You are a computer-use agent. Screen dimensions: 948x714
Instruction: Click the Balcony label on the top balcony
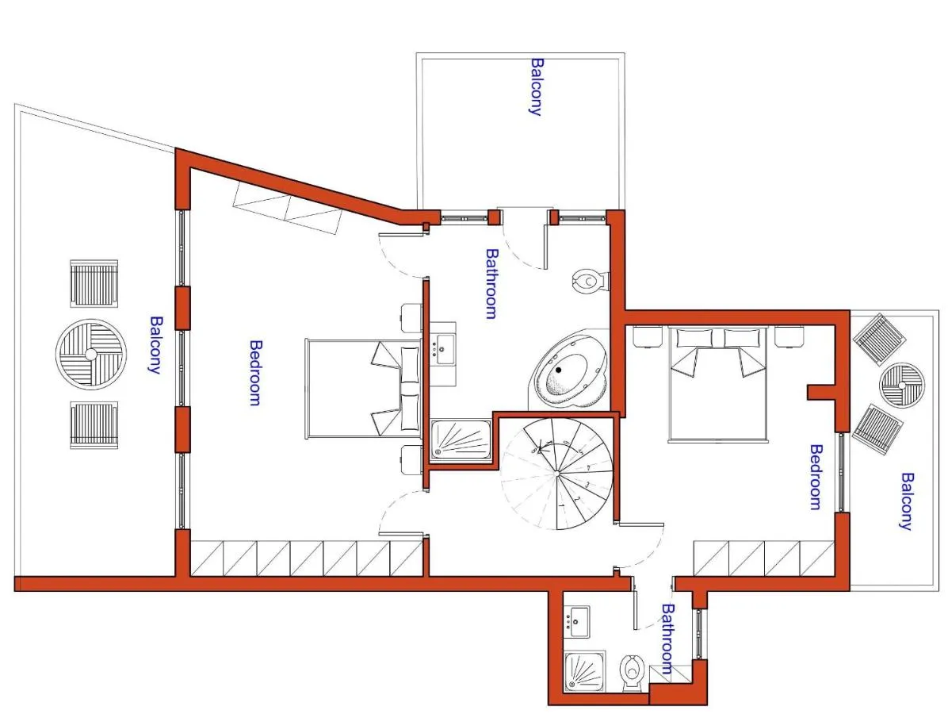[537, 86]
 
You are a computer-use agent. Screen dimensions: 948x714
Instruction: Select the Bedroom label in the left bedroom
[256, 372]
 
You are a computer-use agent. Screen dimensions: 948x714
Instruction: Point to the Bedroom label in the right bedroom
[816, 477]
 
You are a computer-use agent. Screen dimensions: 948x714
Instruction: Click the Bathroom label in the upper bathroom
[492, 283]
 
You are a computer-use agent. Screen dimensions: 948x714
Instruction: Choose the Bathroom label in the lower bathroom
[667, 639]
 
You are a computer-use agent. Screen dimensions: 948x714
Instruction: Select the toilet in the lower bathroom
[632, 673]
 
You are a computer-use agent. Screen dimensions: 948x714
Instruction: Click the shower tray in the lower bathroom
[585, 672]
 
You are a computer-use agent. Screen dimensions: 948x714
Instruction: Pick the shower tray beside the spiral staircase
[461, 440]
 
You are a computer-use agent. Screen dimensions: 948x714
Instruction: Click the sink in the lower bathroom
[577, 621]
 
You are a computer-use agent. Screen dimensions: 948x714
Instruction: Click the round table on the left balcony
[90, 354]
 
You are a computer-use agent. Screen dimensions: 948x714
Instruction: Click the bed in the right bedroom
[718, 384]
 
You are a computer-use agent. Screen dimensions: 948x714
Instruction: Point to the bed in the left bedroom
[363, 388]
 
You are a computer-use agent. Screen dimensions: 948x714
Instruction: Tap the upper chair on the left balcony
[94, 283]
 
